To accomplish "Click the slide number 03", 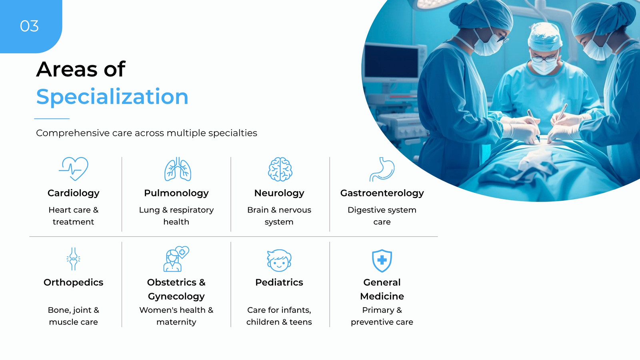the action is coord(29,26).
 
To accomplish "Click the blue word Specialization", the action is coord(112,97).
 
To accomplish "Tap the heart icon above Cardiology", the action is coord(74,168).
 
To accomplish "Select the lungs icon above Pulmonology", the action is coord(178,169).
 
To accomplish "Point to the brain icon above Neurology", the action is coord(280,169).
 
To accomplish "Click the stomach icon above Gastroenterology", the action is coord(382,169).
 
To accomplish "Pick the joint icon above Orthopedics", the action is coord(74,259).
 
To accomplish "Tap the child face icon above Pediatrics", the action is coord(279,260).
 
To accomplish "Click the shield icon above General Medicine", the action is coord(382,260).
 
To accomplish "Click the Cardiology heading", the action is coord(74,194).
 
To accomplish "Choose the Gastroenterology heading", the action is coord(382,194).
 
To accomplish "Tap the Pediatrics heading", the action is coord(279,282).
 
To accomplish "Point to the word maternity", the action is coord(176,322).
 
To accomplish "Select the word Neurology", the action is coord(279,194).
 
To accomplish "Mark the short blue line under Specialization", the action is coord(52,118).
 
